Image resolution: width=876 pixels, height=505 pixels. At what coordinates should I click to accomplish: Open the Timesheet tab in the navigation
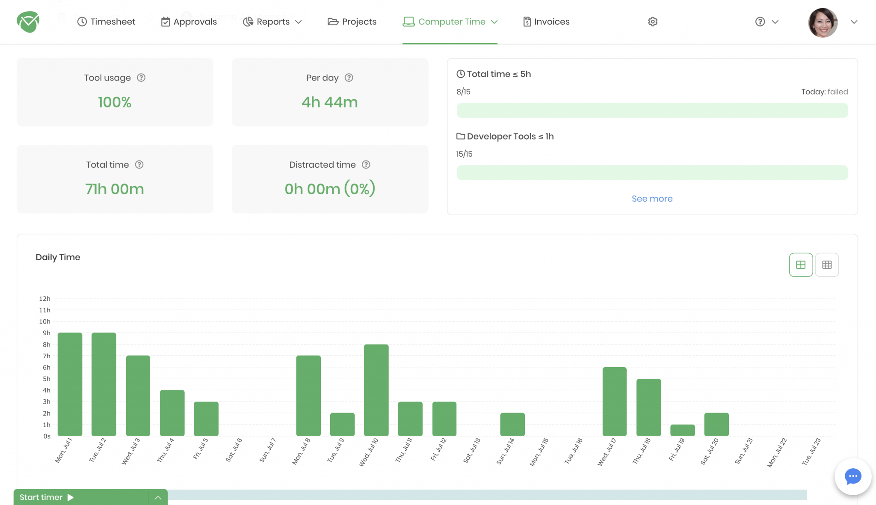(106, 22)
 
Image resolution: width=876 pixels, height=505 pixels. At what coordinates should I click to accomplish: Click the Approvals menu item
(189, 22)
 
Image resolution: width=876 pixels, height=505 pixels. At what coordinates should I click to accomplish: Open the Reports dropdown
(272, 22)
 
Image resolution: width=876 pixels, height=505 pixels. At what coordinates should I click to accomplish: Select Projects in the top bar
(352, 22)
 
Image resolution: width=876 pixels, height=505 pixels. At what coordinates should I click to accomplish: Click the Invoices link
(546, 22)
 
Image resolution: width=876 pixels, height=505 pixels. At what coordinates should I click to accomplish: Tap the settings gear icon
(652, 22)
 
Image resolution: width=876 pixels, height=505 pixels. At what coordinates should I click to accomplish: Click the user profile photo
(823, 22)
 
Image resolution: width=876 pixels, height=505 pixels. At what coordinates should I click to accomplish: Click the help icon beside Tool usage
(141, 77)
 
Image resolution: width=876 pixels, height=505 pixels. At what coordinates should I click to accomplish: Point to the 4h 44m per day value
(329, 102)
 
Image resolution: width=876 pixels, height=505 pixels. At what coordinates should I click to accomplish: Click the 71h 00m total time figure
(115, 189)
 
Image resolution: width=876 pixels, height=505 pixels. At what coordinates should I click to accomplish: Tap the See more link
(652, 199)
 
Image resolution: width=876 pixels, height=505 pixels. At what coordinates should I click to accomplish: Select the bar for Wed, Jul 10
(376, 390)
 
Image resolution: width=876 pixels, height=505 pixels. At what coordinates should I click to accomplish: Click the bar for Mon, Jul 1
(70, 384)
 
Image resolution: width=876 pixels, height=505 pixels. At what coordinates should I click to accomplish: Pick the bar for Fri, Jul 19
(682, 430)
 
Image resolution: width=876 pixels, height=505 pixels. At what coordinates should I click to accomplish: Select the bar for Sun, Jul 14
(512, 424)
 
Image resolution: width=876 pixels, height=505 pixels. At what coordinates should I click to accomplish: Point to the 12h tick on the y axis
(44, 299)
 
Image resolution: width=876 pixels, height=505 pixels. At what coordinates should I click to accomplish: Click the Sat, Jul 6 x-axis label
(234, 450)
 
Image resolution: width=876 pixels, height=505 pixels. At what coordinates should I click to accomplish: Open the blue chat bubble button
(852, 476)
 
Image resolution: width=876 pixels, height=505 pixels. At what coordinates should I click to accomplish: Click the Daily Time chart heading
(58, 257)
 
